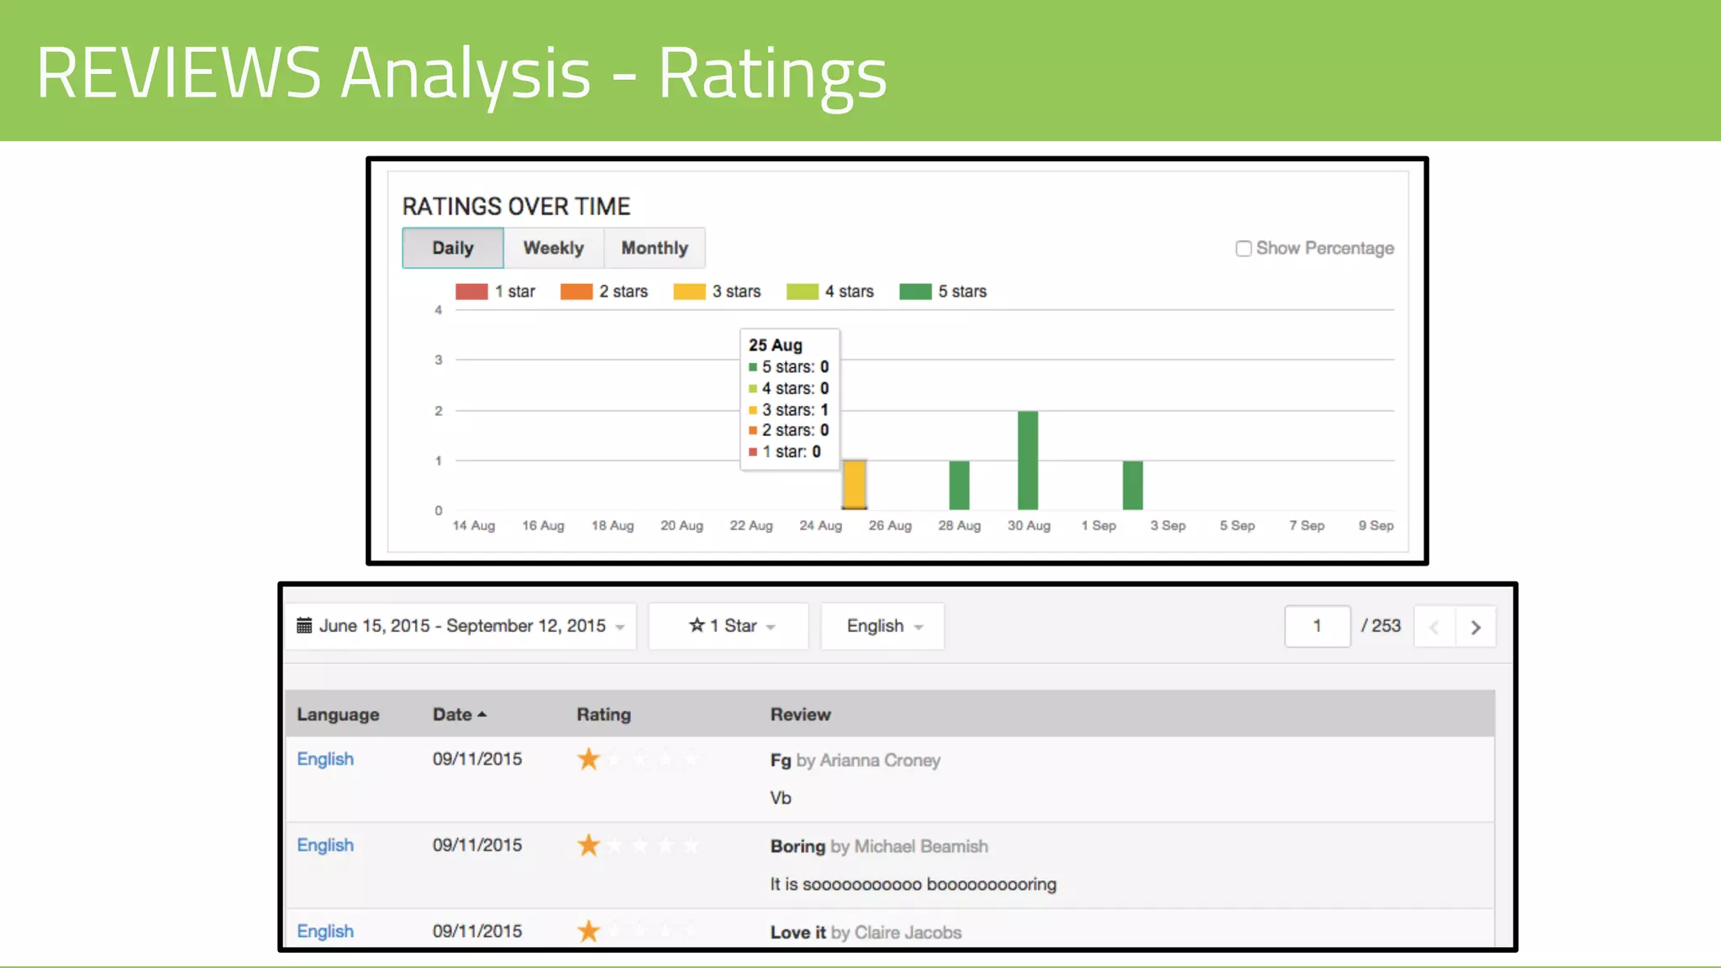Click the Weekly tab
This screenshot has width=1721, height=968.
pos(553,248)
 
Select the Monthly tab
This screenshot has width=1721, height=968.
pos(655,248)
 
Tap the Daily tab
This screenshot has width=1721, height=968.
pos(453,248)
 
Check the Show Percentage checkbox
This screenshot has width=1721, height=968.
pos(1244,249)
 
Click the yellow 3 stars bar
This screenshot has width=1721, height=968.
pos(855,484)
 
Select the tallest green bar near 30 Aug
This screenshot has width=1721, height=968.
pos(1028,460)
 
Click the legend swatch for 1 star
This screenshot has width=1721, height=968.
pos(471,292)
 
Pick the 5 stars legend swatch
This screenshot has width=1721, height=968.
pos(915,292)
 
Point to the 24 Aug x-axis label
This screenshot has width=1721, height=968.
pos(820,526)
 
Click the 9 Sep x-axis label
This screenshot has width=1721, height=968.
pos(1376,526)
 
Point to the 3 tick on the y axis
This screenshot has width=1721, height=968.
pos(438,360)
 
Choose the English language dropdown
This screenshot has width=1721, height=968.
pos(882,626)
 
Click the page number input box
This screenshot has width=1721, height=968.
pos(1317,626)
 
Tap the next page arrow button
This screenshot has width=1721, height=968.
pos(1476,627)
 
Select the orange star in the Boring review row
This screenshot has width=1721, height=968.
pos(588,844)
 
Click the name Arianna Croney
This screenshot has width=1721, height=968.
pos(880,760)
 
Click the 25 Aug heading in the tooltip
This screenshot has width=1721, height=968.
pos(775,345)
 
